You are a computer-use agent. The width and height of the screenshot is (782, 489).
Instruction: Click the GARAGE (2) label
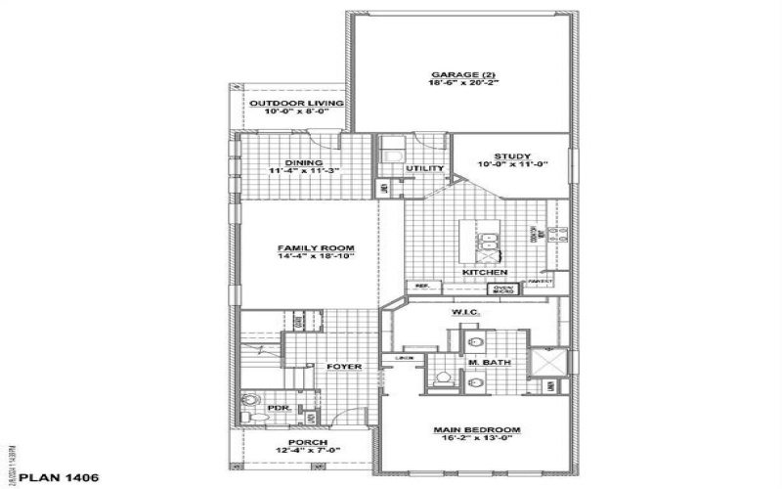point(459,74)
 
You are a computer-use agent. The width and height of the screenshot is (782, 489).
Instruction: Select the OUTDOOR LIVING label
point(295,103)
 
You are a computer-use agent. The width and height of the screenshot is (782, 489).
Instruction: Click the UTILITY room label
point(425,169)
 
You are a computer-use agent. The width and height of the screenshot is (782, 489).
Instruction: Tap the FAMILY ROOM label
point(309,247)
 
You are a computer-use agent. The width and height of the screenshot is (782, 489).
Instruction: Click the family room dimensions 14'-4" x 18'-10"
point(309,257)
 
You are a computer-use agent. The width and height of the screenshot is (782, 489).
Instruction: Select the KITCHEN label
point(485,271)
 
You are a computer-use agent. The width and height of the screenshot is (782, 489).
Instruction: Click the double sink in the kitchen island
point(485,243)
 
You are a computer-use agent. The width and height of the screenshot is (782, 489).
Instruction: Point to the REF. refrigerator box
point(423,286)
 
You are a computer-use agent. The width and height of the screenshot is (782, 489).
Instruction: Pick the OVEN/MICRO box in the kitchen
point(502,289)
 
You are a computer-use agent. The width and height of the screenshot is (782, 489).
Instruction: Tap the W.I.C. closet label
point(463,313)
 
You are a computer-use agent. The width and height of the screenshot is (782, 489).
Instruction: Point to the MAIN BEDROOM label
point(477,429)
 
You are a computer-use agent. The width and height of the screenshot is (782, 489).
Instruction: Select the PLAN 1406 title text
point(54,477)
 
